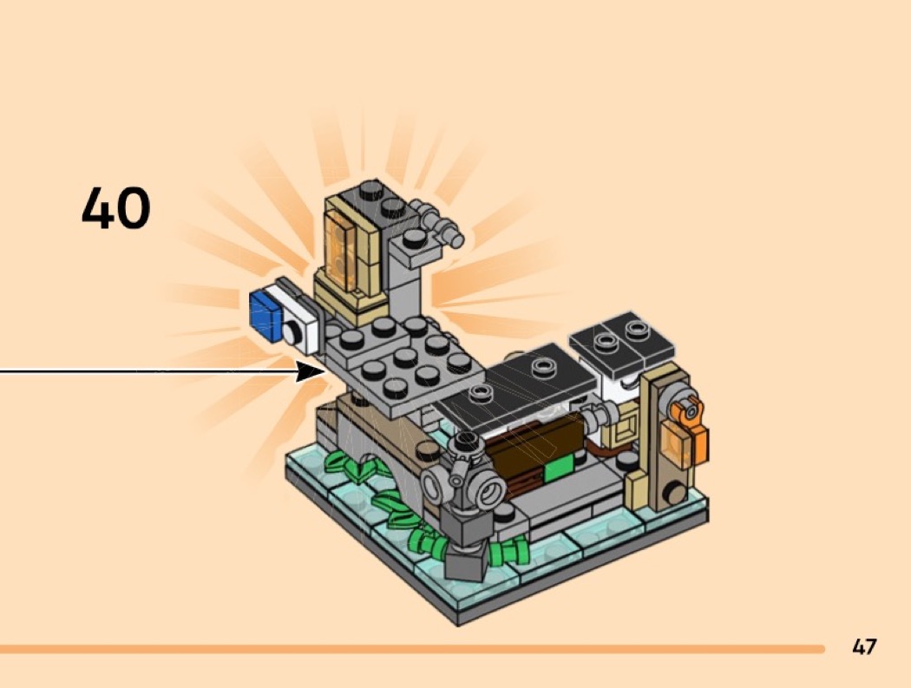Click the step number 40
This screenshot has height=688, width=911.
coord(116,209)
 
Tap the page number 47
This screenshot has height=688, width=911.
coord(864,646)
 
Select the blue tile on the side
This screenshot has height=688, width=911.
coord(264,312)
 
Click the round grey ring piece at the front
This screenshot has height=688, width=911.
coord(484,490)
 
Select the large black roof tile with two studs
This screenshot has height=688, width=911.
coord(521,382)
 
